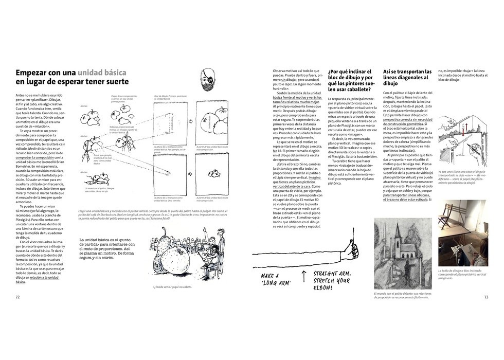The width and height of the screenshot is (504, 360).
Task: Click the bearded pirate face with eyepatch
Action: [x=210, y=78]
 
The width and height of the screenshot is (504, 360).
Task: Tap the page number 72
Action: [x=17, y=297]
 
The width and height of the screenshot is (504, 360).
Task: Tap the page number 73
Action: [x=486, y=297]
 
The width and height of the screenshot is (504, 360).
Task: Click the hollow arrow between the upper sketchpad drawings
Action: [x=190, y=122]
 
